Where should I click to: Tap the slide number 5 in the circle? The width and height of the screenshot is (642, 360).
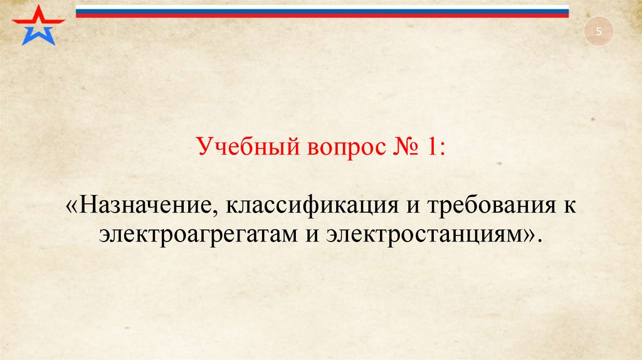pos(598,32)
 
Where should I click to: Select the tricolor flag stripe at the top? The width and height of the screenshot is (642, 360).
pos(322,11)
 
